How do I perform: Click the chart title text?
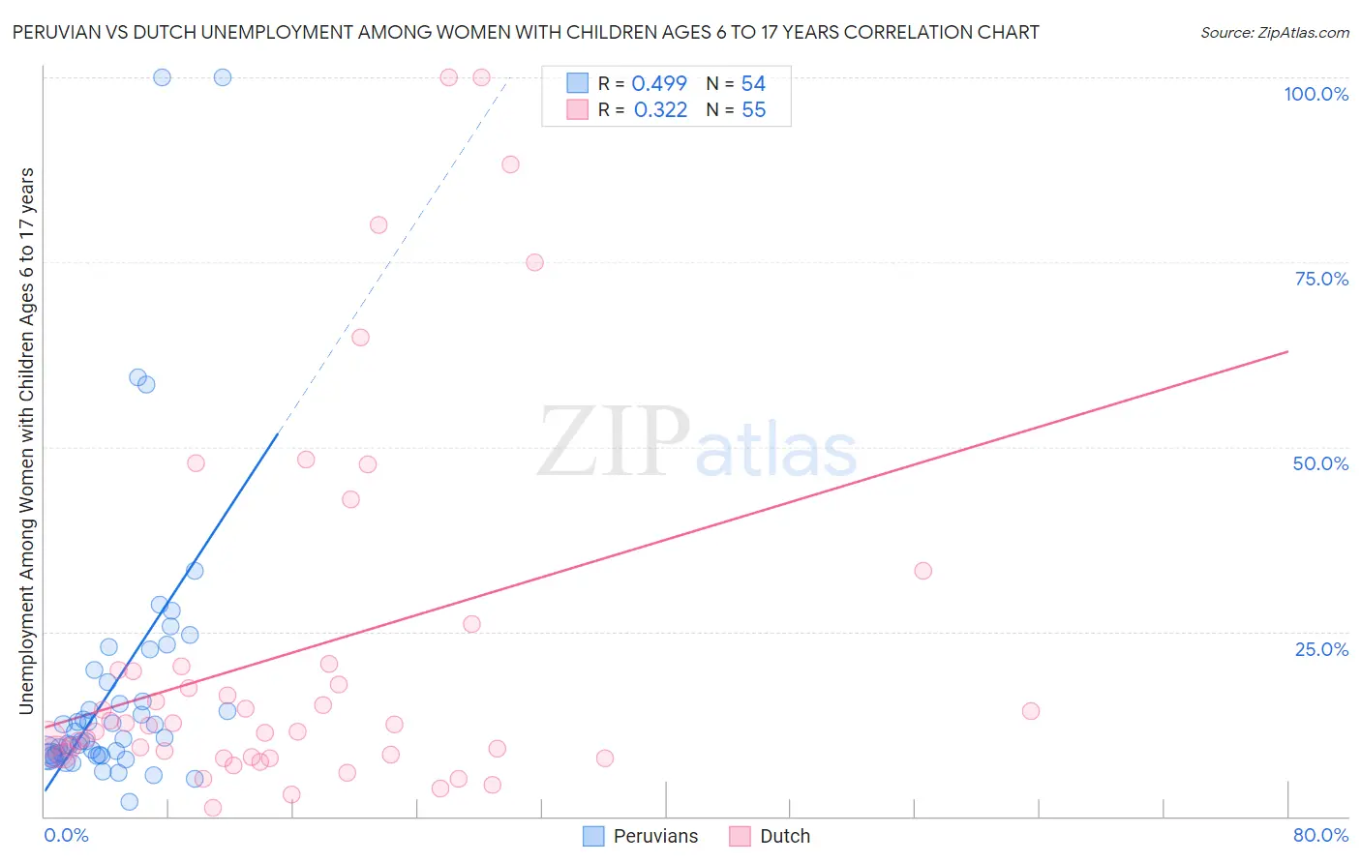click(526, 32)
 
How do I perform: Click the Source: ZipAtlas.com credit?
click(1274, 33)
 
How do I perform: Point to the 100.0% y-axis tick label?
click(1316, 94)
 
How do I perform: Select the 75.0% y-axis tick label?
click(1321, 279)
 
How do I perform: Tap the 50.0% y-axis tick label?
click(1320, 463)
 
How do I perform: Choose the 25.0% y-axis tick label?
click(1321, 649)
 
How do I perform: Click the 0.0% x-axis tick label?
click(66, 835)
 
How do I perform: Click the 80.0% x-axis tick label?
click(1320, 835)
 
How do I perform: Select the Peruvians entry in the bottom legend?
click(641, 836)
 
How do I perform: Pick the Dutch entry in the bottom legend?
click(771, 836)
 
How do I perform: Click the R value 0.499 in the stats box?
click(659, 83)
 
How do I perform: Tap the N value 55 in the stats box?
click(753, 110)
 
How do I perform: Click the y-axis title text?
click(26, 441)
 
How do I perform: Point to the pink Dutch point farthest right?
click(1031, 711)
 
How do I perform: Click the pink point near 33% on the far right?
click(923, 571)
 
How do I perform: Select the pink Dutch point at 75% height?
click(534, 262)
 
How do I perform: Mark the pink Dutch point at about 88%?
click(510, 164)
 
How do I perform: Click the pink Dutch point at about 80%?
click(378, 224)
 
